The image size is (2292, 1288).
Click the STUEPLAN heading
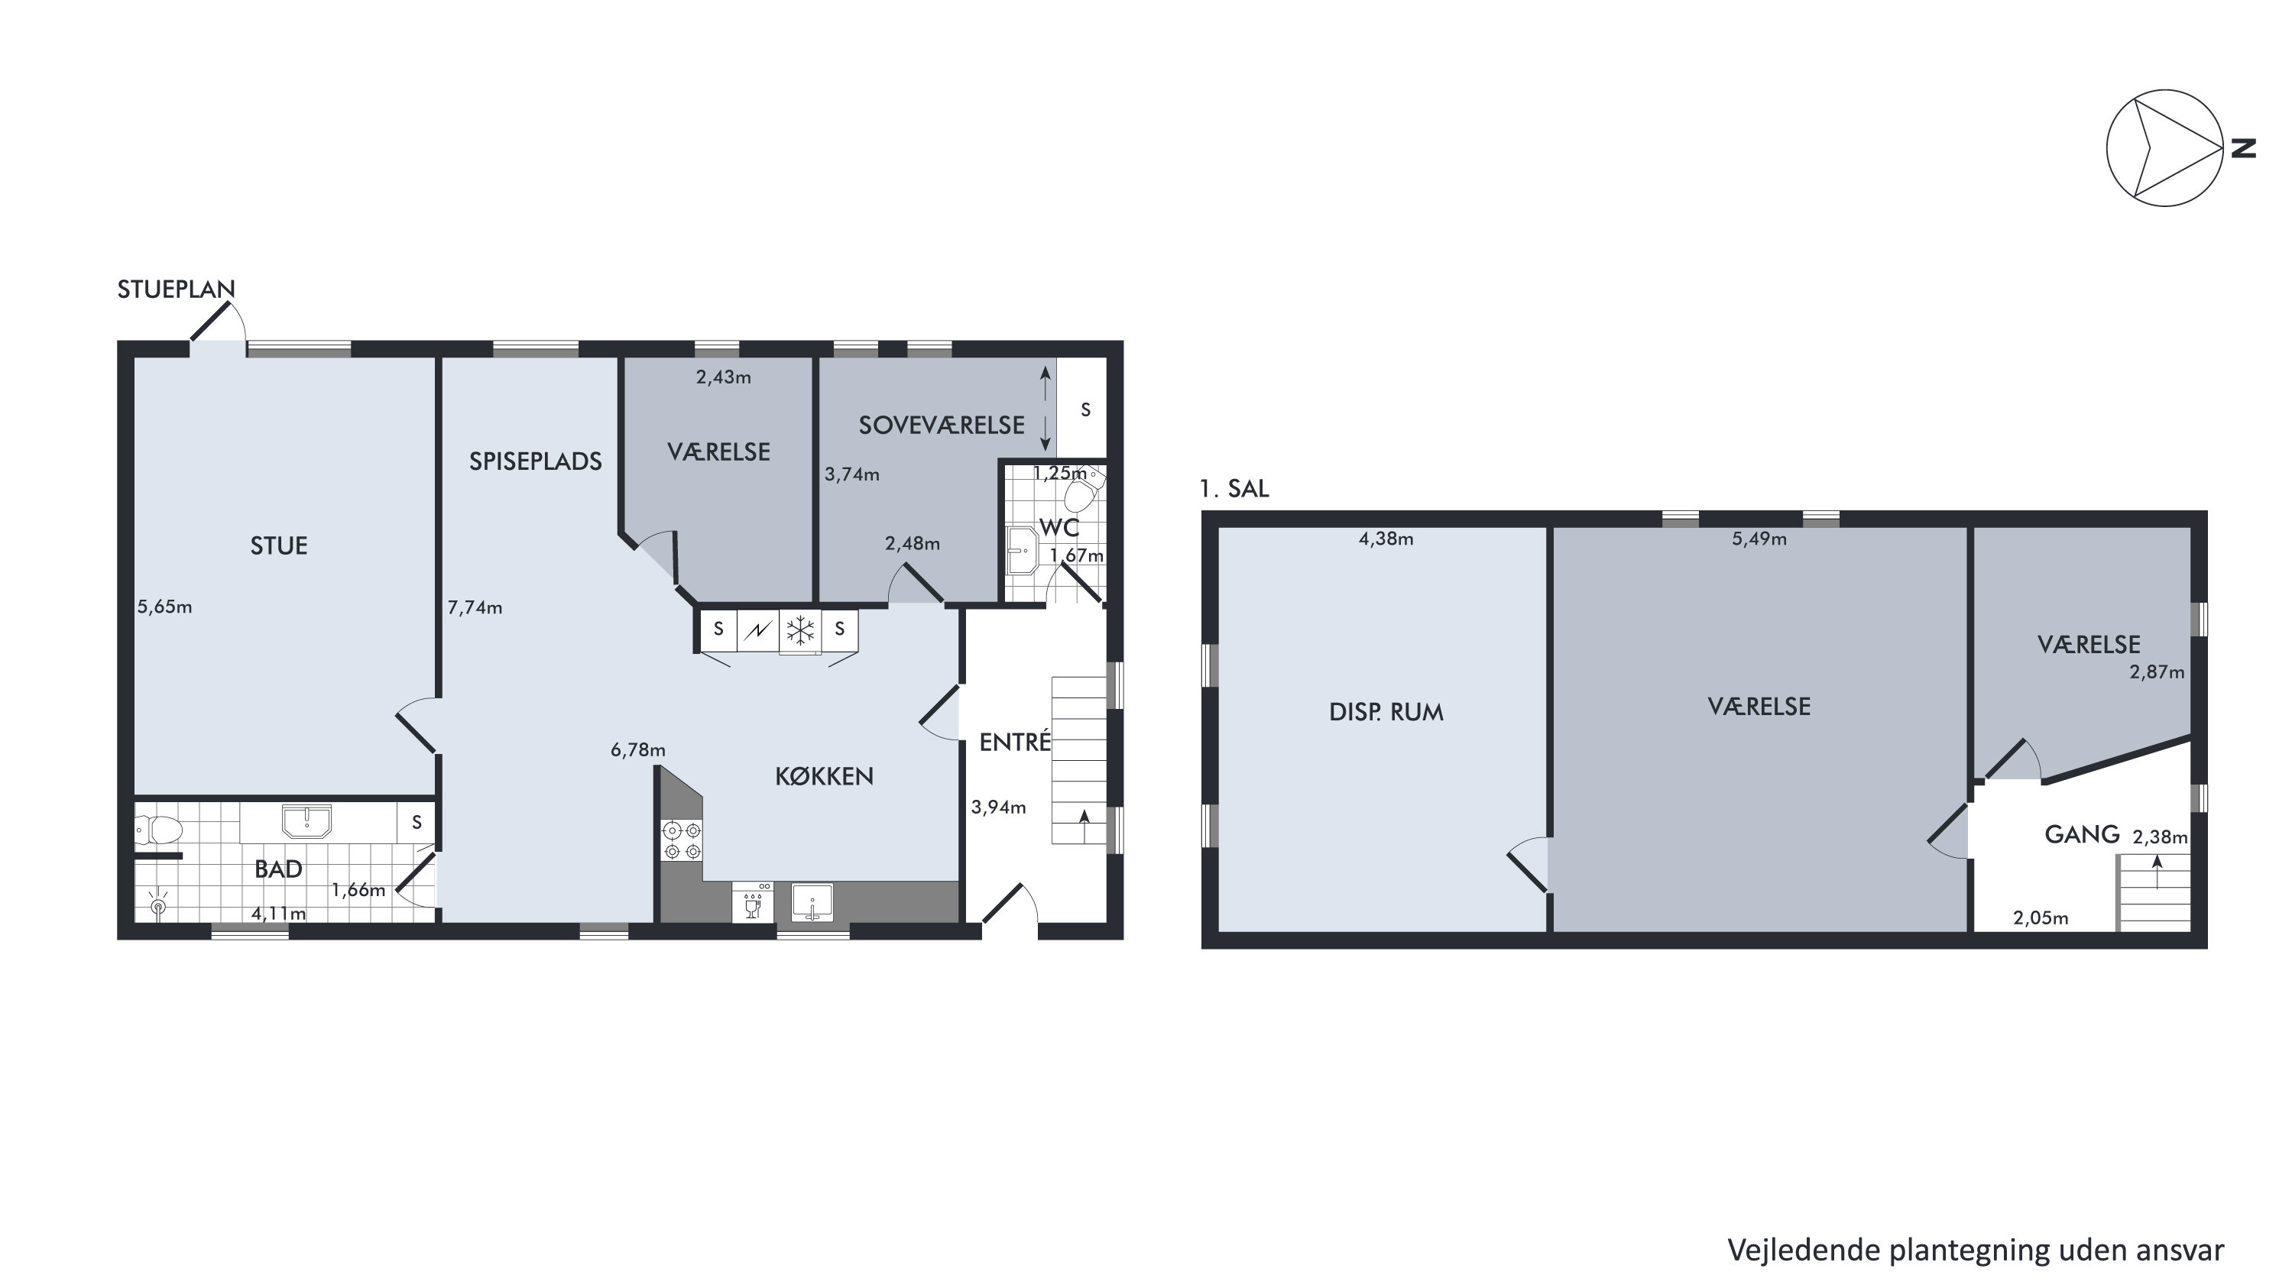(x=177, y=289)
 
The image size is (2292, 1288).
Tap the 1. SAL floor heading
(x=1234, y=488)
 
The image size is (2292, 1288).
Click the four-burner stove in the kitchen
(x=682, y=840)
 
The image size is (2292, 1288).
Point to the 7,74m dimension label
(x=475, y=607)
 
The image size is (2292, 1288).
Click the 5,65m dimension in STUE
(x=164, y=607)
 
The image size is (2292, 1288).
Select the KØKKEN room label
(x=824, y=776)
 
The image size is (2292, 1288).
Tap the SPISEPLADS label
(x=536, y=461)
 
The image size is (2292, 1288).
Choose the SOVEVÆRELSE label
(x=942, y=426)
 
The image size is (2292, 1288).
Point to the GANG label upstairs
(x=2082, y=834)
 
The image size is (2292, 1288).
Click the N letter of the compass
(x=2244, y=148)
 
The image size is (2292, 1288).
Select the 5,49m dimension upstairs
(x=1759, y=538)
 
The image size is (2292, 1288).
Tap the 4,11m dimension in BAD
(x=278, y=913)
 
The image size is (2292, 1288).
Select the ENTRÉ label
(x=1015, y=741)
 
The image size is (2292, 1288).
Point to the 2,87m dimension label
(x=2157, y=672)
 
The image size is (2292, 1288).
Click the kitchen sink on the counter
(x=812, y=902)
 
